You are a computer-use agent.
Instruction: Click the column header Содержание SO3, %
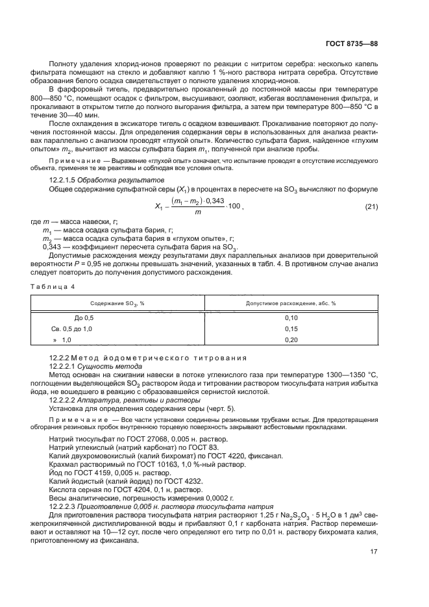click(x=117, y=303)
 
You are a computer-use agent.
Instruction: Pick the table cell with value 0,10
click(x=291, y=318)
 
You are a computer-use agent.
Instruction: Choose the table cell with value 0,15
click(x=291, y=329)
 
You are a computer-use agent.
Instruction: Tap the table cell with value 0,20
click(x=291, y=340)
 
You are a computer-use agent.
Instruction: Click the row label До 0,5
click(x=84, y=318)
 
